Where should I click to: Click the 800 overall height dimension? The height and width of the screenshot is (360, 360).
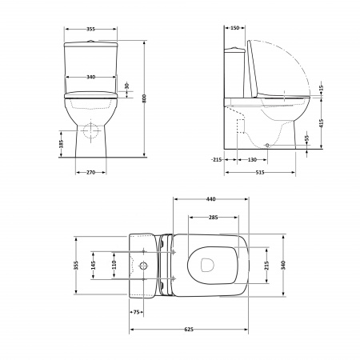coord(144,98)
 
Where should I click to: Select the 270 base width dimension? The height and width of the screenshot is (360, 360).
coord(90,173)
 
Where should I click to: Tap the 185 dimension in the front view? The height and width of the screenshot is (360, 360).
coord(61,144)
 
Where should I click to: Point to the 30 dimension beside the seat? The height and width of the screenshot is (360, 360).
coord(126,86)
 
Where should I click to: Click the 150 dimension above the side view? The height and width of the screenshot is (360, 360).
coord(234,28)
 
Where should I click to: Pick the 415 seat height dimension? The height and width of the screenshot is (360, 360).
coord(321,123)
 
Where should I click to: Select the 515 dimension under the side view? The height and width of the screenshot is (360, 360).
coord(260,173)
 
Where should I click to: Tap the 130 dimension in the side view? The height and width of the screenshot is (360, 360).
coord(252,160)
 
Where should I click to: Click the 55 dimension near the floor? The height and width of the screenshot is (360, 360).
coord(306,138)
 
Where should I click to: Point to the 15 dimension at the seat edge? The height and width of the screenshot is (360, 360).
coord(321,87)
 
